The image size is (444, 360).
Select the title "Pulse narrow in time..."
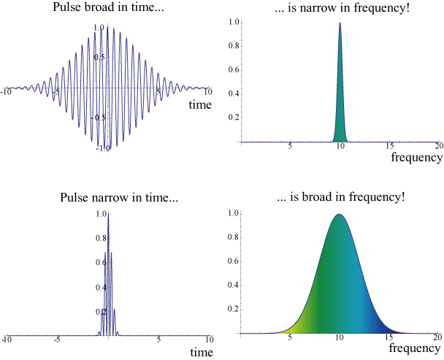click(107, 197)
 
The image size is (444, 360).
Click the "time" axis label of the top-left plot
click(200, 104)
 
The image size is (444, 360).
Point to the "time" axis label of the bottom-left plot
click(200, 352)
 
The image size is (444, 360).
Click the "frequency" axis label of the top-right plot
click(416, 157)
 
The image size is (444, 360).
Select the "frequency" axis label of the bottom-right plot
click(416, 348)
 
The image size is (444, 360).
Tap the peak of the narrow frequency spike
click(340, 23)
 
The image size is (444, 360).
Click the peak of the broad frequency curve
click(339, 214)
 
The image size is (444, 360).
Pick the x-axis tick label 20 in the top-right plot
click(438, 147)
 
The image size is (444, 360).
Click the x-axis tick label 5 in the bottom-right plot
click(290, 338)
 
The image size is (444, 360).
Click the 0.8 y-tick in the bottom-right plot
click(233, 238)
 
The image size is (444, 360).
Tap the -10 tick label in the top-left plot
click(6, 92)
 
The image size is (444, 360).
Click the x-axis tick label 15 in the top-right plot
click(389, 147)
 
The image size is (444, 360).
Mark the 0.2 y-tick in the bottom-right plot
click(233, 309)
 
